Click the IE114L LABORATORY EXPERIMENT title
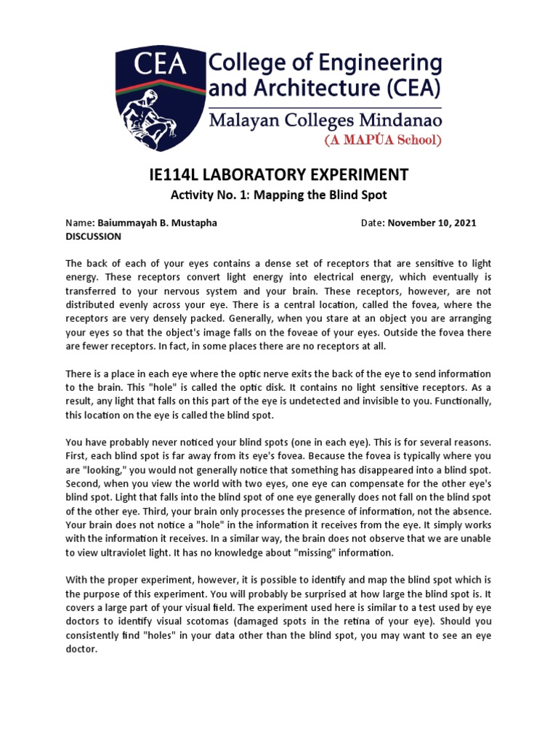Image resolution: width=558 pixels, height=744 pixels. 278,175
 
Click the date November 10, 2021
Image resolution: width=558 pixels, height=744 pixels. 432,223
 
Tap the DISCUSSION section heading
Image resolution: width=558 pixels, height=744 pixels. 94,236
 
